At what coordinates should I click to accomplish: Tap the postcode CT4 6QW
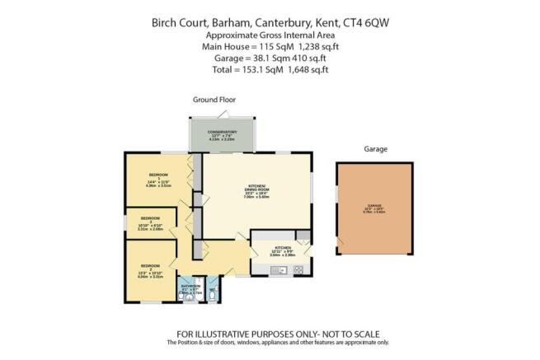[364, 23]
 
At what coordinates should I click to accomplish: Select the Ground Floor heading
[211, 99]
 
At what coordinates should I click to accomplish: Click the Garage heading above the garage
[375, 149]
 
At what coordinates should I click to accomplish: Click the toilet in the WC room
[213, 291]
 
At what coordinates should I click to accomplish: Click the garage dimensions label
[375, 209]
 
